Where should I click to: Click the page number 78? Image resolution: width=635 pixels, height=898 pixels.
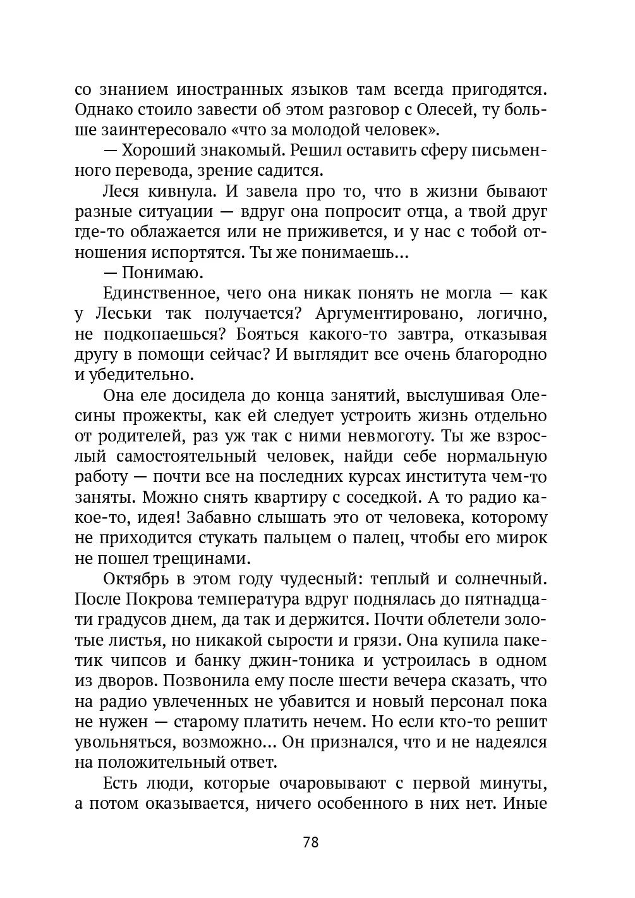pyautogui.click(x=311, y=842)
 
